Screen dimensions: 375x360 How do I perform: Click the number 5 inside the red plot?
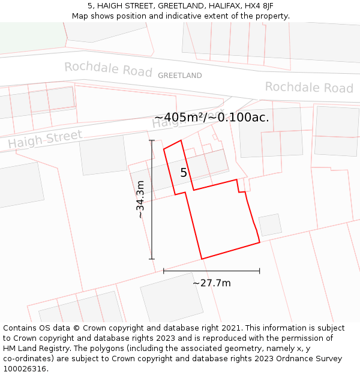point(184,173)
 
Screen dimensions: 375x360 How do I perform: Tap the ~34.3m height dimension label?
point(140,200)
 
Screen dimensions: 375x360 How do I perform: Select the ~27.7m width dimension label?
point(211,283)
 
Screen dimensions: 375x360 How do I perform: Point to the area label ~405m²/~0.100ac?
point(211,118)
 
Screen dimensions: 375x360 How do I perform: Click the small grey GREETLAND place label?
point(179,76)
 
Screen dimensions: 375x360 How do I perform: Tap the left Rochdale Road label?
point(108,69)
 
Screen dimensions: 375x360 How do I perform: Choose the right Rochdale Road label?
point(309,88)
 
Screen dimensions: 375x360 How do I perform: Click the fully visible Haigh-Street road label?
point(45,139)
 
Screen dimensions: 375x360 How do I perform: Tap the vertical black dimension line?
point(152,200)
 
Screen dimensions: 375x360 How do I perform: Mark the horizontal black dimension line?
point(211,271)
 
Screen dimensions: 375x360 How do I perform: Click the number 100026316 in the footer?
point(24,369)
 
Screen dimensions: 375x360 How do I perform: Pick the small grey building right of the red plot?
point(270,224)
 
